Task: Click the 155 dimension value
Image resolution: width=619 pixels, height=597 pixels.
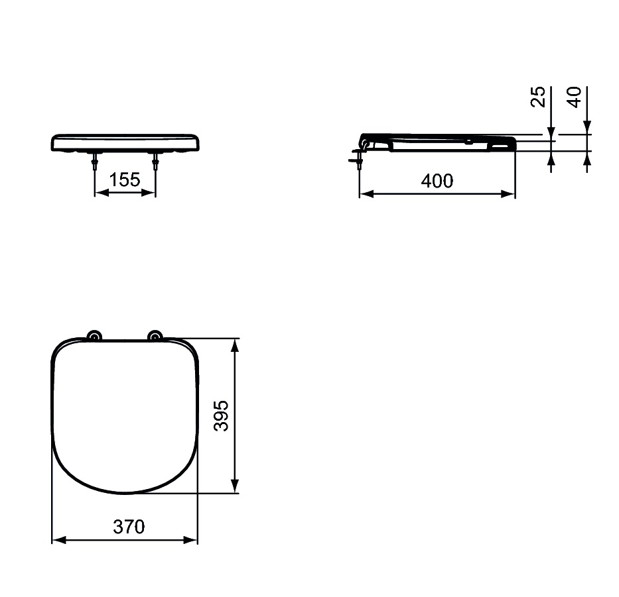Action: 125,180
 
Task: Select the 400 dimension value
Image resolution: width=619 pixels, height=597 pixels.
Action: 437,180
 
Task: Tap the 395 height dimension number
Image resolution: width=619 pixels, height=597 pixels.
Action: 222,415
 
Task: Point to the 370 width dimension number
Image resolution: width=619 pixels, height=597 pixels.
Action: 129,527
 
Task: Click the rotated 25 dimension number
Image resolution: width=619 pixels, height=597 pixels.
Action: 538,97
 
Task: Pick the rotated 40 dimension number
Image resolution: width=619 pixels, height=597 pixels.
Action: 575,97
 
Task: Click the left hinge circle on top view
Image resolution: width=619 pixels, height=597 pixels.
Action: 94,336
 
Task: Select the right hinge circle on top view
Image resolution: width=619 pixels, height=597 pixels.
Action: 155,336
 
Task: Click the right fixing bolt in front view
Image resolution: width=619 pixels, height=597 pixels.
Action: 156,162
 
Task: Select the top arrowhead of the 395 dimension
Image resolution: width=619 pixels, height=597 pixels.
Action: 234,345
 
